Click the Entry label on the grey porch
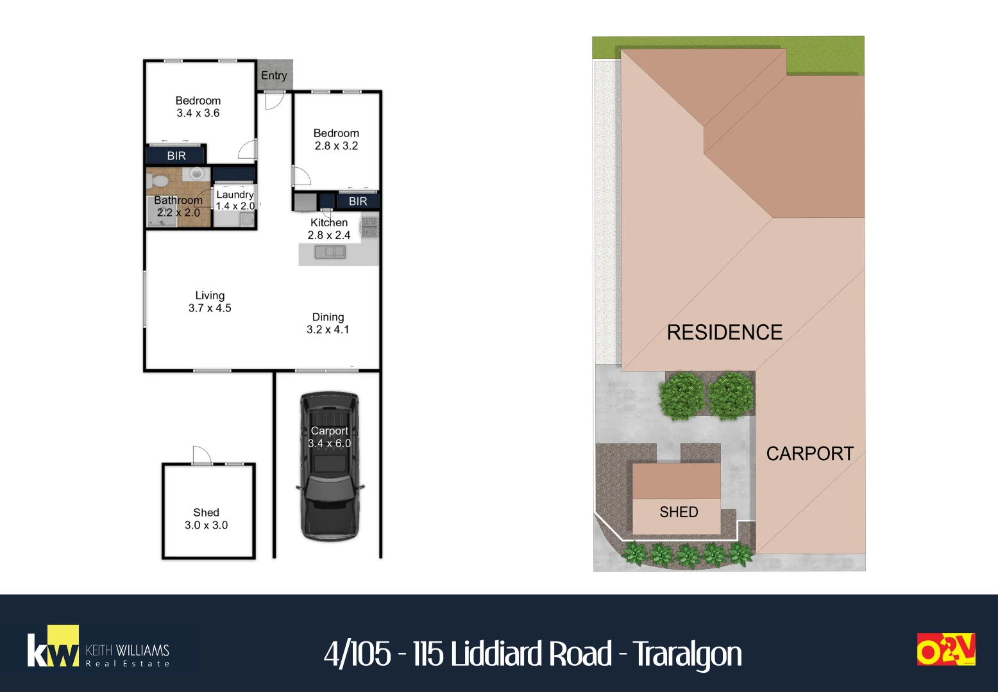pyautogui.click(x=274, y=75)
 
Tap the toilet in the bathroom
pyautogui.click(x=156, y=180)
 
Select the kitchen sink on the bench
pyautogui.click(x=330, y=252)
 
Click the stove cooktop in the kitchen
pyautogui.click(x=369, y=226)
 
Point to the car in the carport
pyautogui.click(x=330, y=466)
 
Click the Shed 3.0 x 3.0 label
pyautogui.click(x=207, y=519)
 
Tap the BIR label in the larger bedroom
pyautogui.click(x=176, y=156)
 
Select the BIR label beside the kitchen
pyautogui.click(x=358, y=201)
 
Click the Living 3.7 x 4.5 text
pyautogui.click(x=210, y=302)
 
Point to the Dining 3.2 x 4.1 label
pyautogui.click(x=328, y=323)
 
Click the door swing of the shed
pyautogui.click(x=202, y=454)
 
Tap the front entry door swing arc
pyautogui.click(x=275, y=101)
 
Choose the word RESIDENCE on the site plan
pyautogui.click(x=724, y=333)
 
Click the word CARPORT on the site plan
pyautogui.click(x=810, y=454)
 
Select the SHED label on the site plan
pyautogui.click(x=679, y=512)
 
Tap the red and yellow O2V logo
pyautogui.click(x=946, y=649)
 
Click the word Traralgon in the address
pyautogui.click(x=688, y=655)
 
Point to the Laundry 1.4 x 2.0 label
pyautogui.click(x=235, y=201)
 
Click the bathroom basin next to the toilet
pyautogui.click(x=196, y=174)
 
